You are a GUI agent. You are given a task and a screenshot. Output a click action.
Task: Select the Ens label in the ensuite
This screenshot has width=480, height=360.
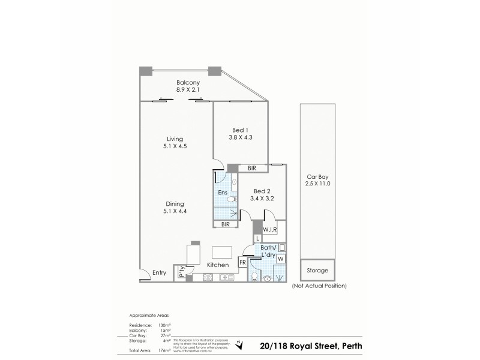pos(223,193)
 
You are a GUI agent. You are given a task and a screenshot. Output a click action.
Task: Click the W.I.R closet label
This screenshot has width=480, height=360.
pos(269,229)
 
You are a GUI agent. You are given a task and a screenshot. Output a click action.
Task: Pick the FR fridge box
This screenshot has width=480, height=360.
pos(243,262)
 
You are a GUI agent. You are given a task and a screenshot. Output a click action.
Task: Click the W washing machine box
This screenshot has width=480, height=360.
pos(280,259)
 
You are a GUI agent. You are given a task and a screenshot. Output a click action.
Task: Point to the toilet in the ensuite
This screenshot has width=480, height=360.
pos(234,183)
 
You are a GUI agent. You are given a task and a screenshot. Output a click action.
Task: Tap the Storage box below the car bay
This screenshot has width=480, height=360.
pos(318,271)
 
